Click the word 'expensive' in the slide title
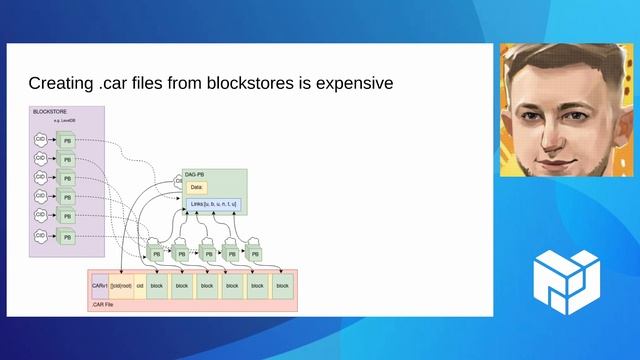coord(348,82)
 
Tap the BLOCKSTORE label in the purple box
coord(49,111)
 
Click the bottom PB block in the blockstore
coord(67,237)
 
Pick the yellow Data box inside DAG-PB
coord(196,187)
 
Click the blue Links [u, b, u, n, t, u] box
coord(214,206)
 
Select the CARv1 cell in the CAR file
coord(99,286)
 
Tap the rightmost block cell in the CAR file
coord(282,286)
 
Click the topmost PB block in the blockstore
coord(67,141)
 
